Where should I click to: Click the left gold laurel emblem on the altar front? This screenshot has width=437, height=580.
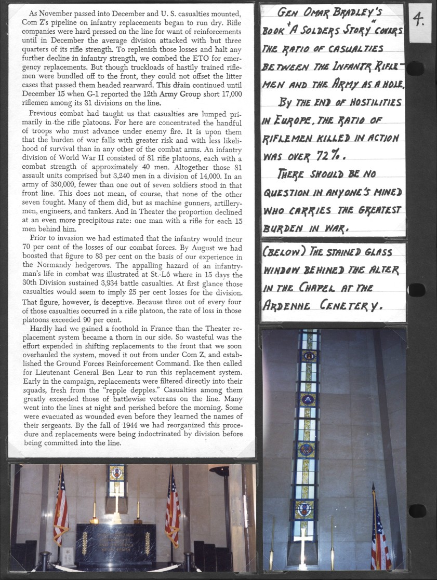click(x=85, y=543)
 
